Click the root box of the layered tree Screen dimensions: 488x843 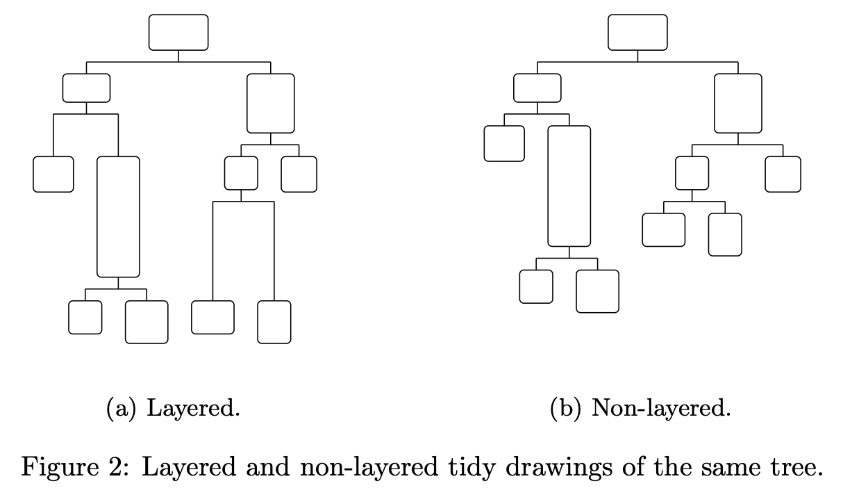coord(178,33)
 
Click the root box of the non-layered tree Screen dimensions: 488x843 coord(637,33)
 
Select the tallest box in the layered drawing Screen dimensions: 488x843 coord(118,217)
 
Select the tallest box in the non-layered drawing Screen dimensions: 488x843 coord(569,186)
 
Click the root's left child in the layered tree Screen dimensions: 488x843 coord(86,88)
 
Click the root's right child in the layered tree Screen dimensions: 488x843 coord(271,104)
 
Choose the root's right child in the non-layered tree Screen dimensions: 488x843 coord(738,104)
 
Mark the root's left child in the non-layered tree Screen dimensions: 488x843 coord(537,88)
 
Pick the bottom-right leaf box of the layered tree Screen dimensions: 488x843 coord(274,322)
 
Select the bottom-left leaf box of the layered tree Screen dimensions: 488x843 coord(85,317)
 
